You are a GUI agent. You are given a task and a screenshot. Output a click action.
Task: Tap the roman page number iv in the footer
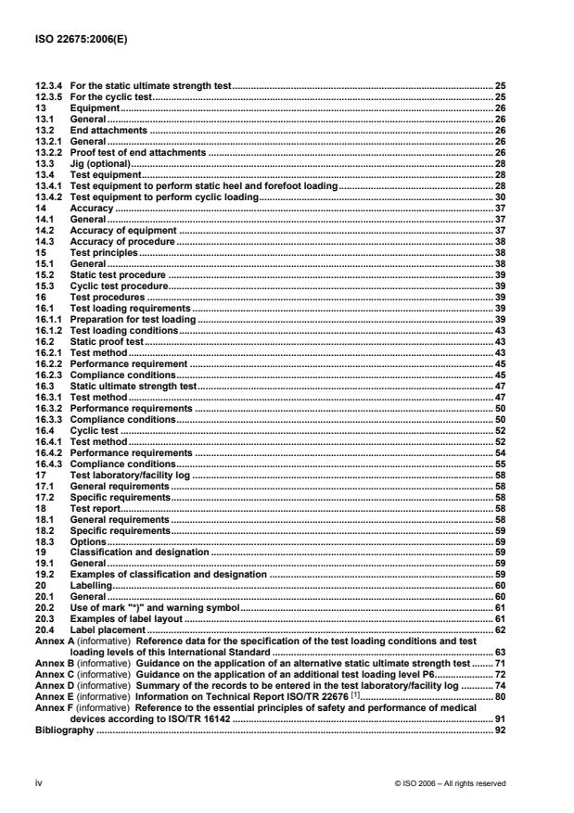(38, 782)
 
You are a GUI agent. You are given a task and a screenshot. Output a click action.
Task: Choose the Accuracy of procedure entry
(122, 241)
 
